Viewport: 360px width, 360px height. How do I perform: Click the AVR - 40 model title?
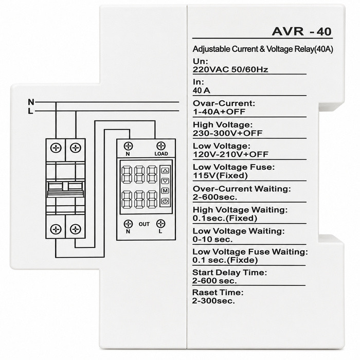(x=302, y=31)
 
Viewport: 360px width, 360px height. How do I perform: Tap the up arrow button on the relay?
(x=165, y=171)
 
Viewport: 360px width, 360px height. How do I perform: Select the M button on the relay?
(x=165, y=191)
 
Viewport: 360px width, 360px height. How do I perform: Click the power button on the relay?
(x=165, y=201)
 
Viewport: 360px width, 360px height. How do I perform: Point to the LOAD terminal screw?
(x=160, y=146)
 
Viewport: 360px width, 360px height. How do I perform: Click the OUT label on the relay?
(x=144, y=224)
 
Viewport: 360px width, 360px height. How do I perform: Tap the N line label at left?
(x=31, y=102)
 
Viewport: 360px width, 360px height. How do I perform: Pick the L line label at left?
(x=30, y=112)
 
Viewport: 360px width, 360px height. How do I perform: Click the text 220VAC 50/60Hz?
(x=230, y=69)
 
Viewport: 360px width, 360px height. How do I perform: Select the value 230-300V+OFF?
(x=227, y=133)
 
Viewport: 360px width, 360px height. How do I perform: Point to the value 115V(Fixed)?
(x=220, y=176)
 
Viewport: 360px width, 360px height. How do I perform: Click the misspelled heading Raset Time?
(x=218, y=293)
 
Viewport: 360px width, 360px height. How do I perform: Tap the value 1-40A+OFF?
(x=219, y=112)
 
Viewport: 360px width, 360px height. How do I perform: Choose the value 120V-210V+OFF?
(x=230, y=154)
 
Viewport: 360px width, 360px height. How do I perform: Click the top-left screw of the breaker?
(x=56, y=148)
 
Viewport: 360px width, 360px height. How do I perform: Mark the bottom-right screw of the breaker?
(x=75, y=229)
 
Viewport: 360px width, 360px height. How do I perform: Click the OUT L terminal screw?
(x=160, y=223)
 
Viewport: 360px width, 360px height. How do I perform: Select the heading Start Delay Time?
(x=229, y=273)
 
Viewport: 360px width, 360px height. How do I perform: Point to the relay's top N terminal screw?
(x=129, y=146)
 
